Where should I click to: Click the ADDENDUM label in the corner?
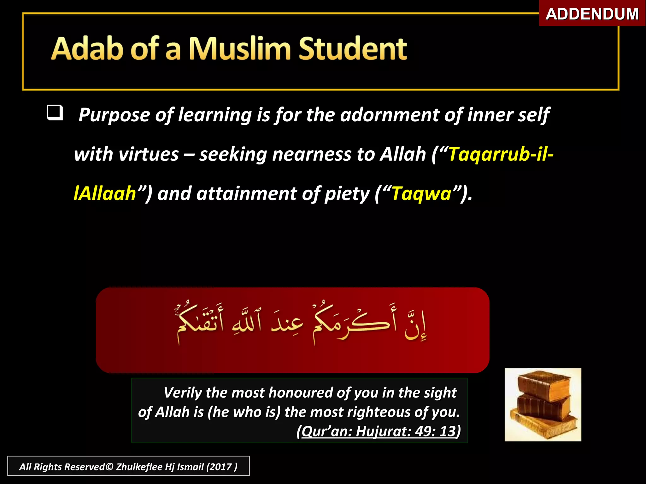click(592, 14)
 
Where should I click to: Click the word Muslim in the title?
click(240, 49)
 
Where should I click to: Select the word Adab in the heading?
click(87, 49)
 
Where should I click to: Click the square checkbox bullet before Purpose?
click(55, 113)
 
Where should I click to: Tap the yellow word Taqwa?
click(421, 193)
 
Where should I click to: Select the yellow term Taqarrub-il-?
click(501, 154)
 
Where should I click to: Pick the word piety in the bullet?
click(347, 194)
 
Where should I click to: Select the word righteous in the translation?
click(379, 412)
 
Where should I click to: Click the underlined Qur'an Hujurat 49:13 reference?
click(379, 431)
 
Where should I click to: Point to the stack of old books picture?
click(543, 404)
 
